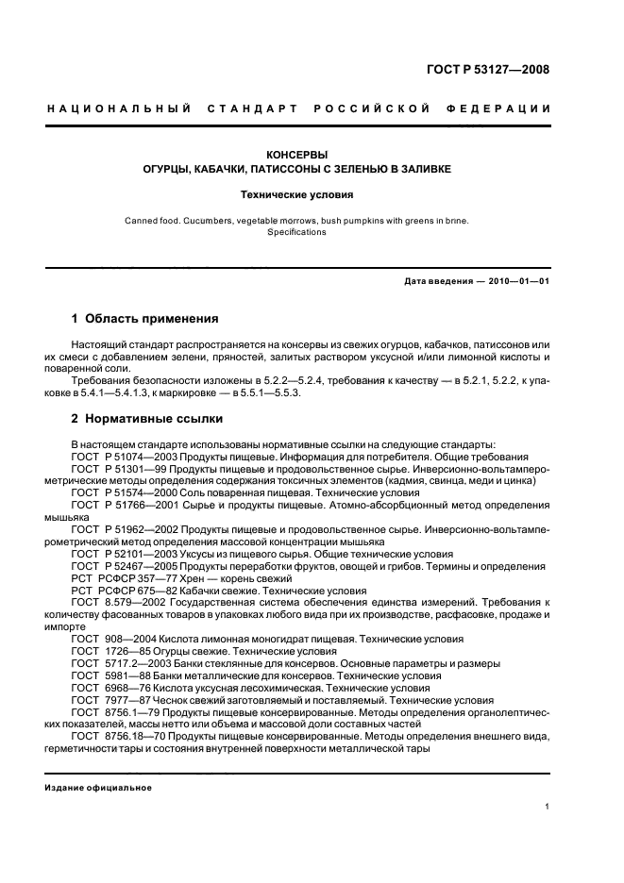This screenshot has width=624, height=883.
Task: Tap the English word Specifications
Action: pos(296,232)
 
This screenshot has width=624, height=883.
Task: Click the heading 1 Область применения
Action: pos(144,318)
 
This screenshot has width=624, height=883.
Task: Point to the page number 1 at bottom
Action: pos(548,807)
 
